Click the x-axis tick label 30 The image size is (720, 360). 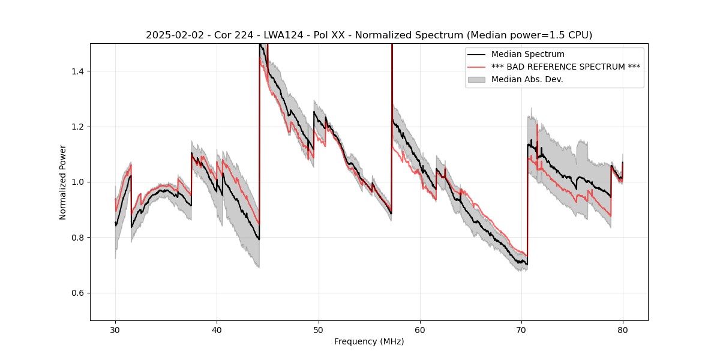[x=115, y=329]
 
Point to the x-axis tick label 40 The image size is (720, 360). [x=217, y=329]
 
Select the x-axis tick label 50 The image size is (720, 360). [x=319, y=329]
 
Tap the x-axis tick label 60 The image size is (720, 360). [x=420, y=329]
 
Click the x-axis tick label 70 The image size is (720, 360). [x=521, y=329]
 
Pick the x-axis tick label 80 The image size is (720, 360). [x=623, y=329]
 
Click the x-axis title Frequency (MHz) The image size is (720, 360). [x=369, y=341]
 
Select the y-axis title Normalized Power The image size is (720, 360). [x=63, y=182]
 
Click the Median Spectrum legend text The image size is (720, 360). [x=527, y=55]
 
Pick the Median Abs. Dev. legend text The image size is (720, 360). [x=527, y=79]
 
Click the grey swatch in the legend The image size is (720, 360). [x=477, y=79]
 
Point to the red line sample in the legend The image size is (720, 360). [x=477, y=67]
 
